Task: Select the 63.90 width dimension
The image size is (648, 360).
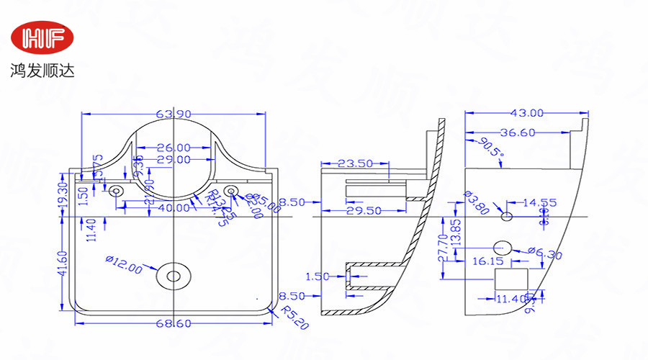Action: point(174,114)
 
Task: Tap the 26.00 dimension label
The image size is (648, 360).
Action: point(174,148)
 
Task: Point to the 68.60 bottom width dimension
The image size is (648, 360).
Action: point(174,325)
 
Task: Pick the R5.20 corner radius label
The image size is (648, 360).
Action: point(294,318)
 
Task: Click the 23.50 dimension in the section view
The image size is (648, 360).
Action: point(356,163)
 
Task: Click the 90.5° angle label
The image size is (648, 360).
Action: point(489,148)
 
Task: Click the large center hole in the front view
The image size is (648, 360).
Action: point(174,275)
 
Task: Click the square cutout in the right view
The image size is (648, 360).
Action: point(512,279)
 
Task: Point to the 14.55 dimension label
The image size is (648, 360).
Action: point(539,203)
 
